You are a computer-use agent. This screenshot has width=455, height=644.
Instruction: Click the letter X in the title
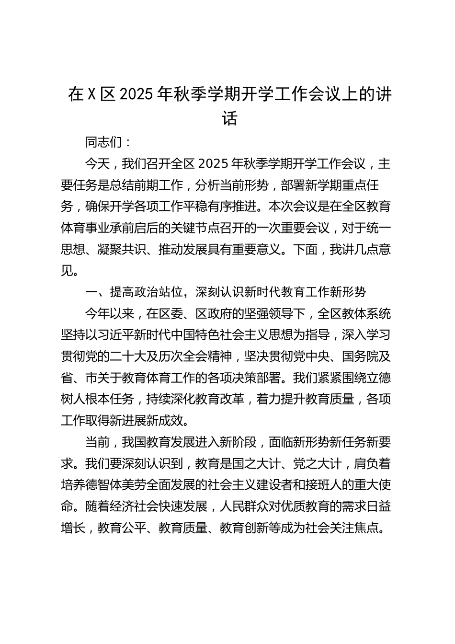pyautogui.click(x=91, y=95)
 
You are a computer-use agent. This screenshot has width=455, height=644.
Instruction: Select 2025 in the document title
pyautogui.click(x=137, y=95)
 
